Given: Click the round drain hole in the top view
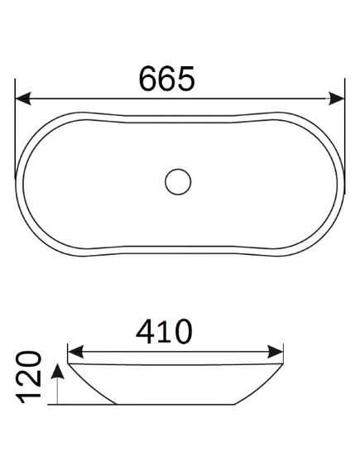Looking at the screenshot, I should click(x=178, y=180).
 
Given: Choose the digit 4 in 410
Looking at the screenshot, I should click(x=146, y=330).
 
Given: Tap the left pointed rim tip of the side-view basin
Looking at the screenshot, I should click(x=69, y=363).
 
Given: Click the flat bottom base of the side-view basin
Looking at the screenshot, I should click(x=178, y=406).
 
